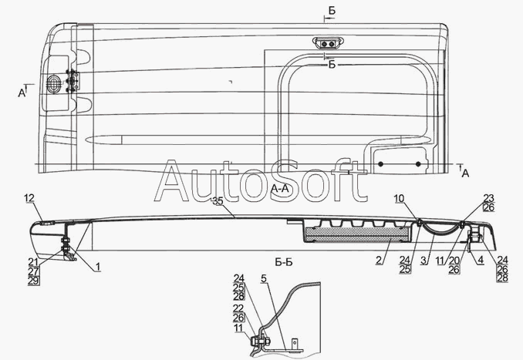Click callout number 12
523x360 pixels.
pos(29,199)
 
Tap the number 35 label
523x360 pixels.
pos(218,200)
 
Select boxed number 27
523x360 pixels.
pos(33,271)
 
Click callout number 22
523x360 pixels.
pos(238,308)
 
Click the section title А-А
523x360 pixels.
pos(281,188)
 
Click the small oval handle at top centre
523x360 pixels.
pos(328,44)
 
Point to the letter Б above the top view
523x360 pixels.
pos(331,10)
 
